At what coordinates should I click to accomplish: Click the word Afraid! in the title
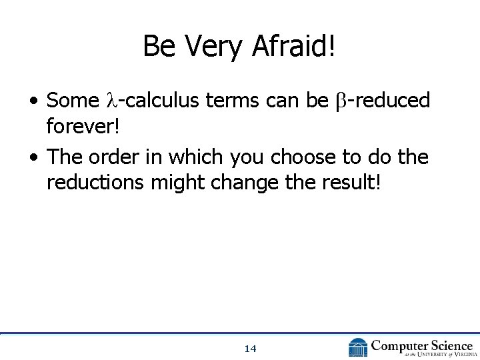tap(295, 47)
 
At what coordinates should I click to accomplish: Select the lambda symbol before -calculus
tap(111, 101)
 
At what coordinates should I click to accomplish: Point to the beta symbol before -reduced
tap(340, 101)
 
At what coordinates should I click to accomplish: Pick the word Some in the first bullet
tap(73, 101)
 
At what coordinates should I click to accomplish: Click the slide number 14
tap(251, 349)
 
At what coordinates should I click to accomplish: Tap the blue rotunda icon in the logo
tap(358, 347)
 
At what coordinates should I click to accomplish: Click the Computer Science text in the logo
tap(421, 345)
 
